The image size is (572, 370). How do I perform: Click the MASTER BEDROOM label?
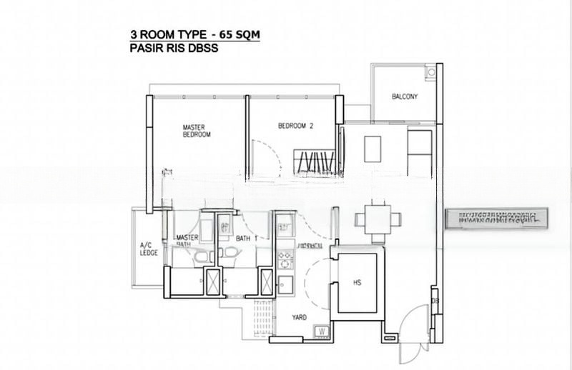(x=196, y=130)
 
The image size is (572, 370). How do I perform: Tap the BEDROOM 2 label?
(x=296, y=126)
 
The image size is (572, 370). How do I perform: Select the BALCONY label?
(x=404, y=96)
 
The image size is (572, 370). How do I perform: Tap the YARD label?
(x=299, y=316)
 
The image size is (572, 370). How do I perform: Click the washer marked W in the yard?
(x=322, y=331)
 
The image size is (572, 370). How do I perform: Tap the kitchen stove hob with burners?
(x=285, y=256)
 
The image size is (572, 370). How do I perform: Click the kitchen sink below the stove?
(x=285, y=282)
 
